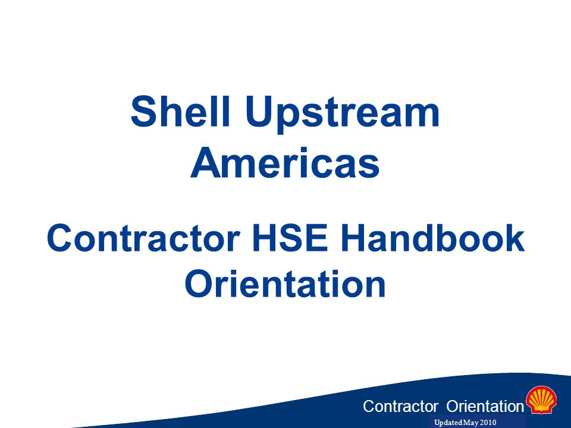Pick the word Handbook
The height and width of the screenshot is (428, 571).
[x=432, y=238]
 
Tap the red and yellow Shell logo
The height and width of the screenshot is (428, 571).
[x=541, y=400]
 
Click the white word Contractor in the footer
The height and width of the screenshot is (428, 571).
[x=400, y=406]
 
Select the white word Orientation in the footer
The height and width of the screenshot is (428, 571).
[x=485, y=406]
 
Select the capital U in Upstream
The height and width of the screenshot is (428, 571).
[x=259, y=111]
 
